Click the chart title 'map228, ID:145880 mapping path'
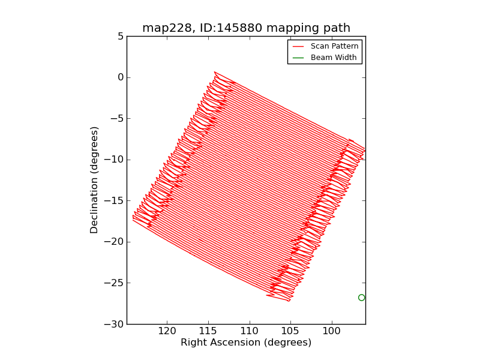246,28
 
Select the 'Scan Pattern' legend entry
334,46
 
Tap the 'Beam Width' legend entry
334,58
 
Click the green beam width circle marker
361,298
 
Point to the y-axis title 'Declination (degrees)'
94,180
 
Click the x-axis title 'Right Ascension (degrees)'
246,343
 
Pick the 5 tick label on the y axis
120,36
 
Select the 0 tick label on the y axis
120,77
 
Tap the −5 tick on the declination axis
117,118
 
